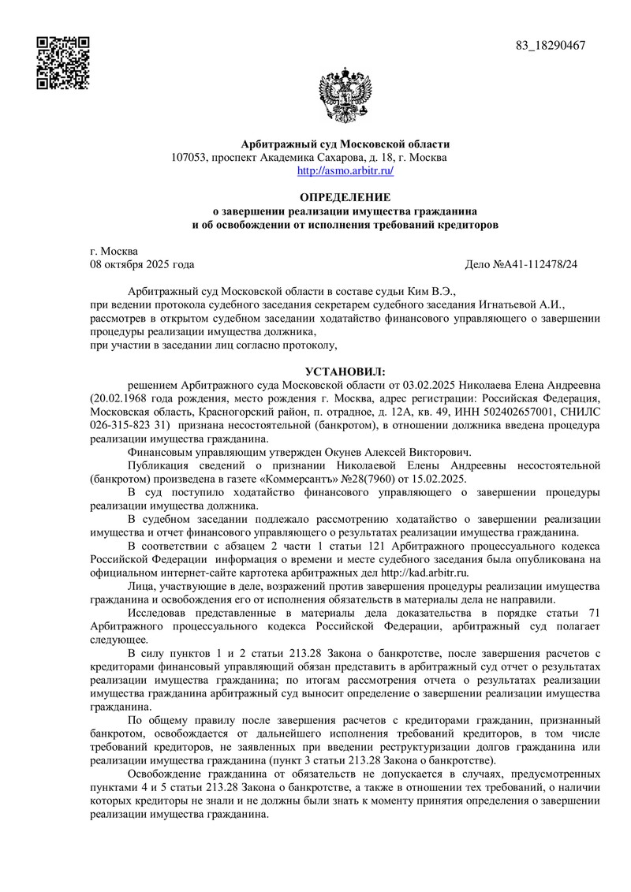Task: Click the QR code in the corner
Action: click(64, 62)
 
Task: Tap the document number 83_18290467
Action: click(551, 46)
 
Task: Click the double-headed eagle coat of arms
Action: click(345, 95)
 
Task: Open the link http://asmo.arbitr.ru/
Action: click(345, 170)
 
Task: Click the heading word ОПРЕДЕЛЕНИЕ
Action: click(345, 197)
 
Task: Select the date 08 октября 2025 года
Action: click(143, 264)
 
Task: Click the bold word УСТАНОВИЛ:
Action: click(345, 371)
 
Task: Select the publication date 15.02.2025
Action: click(438, 479)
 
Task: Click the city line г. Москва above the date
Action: click(114, 251)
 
